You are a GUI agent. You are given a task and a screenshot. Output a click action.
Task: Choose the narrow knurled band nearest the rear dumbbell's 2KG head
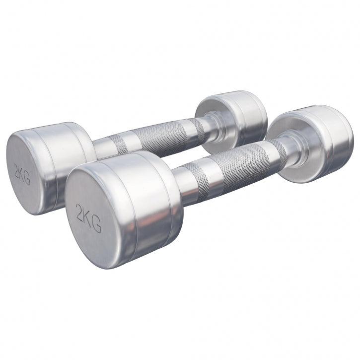coord(119,144)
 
